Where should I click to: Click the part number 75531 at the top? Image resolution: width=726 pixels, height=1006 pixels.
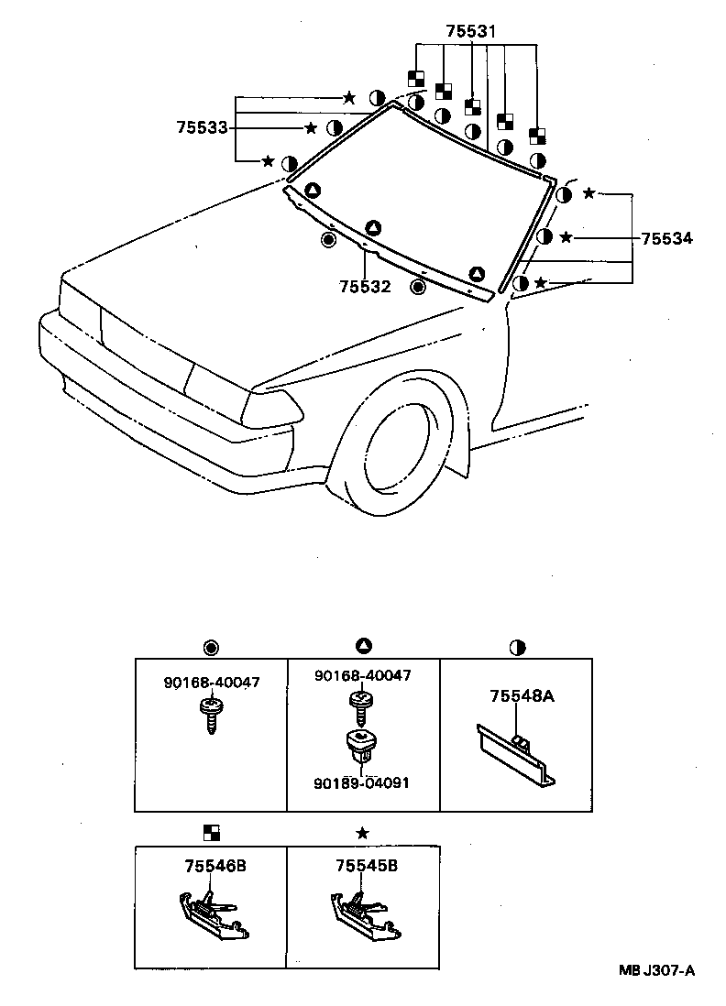pyautogui.click(x=471, y=31)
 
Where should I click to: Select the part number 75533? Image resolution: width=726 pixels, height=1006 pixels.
pyautogui.click(x=202, y=128)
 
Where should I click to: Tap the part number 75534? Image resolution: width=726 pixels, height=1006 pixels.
pyautogui.click(x=666, y=238)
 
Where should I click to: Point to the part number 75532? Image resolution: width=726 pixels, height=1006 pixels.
pyautogui.click(x=365, y=287)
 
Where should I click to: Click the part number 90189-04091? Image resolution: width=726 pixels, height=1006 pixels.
pyautogui.click(x=362, y=783)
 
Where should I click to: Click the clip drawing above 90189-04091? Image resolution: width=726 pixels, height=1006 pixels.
pyautogui.click(x=361, y=749)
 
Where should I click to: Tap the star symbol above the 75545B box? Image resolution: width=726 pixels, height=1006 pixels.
pyautogui.click(x=363, y=832)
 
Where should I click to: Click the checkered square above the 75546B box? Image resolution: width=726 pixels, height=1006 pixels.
pyautogui.click(x=212, y=832)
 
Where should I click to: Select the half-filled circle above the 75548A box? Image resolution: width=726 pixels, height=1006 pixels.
pyautogui.click(x=517, y=648)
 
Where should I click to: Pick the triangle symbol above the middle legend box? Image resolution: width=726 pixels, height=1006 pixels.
pyautogui.click(x=364, y=648)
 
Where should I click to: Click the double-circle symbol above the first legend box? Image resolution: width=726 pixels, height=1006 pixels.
pyautogui.click(x=211, y=648)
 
